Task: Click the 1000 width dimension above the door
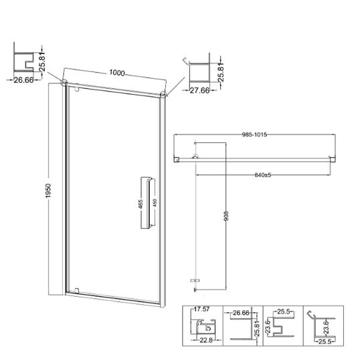117,73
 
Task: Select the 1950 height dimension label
48,191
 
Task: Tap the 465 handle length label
141,204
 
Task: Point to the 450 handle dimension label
155,203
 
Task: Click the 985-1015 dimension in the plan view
254,134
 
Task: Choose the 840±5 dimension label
263,175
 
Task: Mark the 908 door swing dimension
226,216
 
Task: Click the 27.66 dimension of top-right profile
199,90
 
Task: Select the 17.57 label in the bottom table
201,310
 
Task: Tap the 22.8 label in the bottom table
206,340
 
